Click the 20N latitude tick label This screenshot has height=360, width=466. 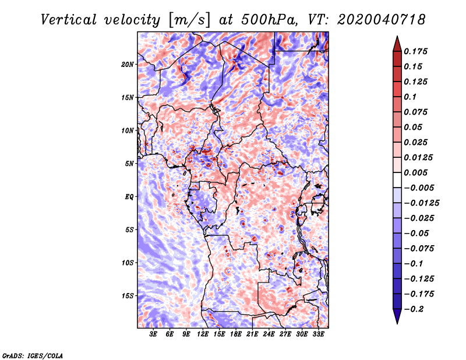[x=128, y=65]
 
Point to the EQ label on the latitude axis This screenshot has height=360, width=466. [x=129, y=197]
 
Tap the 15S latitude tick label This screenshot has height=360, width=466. [x=128, y=296]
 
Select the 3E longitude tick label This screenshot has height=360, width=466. [x=153, y=334]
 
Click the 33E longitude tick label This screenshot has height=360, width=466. [x=318, y=334]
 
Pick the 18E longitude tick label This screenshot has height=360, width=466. [x=236, y=334]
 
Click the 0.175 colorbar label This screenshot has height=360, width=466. [x=415, y=51]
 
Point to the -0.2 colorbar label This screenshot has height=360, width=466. [x=414, y=309]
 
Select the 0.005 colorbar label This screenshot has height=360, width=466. [x=415, y=172]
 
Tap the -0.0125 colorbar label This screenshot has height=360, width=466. [x=421, y=203]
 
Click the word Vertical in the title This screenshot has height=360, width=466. [x=69, y=20]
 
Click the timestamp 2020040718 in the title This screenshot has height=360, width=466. [x=382, y=20]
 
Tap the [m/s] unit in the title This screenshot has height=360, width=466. [x=189, y=20]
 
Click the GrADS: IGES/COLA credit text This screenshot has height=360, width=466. [x=33, y=355]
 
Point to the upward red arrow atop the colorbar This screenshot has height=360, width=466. [x=397, y=44]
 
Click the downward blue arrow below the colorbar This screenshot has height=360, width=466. [x=397, y=316]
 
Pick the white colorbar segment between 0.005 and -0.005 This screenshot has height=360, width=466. [x=397, y=180]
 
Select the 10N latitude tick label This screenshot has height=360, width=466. [x=128, y=130]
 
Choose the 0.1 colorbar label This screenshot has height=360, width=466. [x=410, y=97]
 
